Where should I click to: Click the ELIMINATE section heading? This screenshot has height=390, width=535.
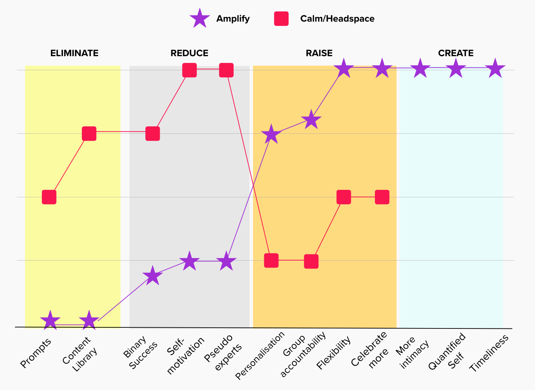(x=74, y=53)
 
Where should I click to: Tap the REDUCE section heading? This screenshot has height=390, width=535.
(x=189, y=53)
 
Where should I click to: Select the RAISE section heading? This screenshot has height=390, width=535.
(x=319, y=53)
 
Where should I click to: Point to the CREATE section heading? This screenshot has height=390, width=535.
(x=456, y=53)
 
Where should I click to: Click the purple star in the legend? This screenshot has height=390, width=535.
(x=200, y=19)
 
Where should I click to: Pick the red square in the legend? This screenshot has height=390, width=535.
(x=281, y=19)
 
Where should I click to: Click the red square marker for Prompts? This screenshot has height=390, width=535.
(x=49, y=197)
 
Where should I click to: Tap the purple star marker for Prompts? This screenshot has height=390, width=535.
(x=50, y=320)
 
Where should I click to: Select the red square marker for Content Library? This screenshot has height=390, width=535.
(x=89, y=134)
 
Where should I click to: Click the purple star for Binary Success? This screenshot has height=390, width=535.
(x=152, y=276)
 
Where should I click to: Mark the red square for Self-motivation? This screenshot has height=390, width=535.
(x=189, y=70)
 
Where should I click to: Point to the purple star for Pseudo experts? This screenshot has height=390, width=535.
(x=226, y=261)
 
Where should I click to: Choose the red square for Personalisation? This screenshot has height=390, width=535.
(x=271, y=260)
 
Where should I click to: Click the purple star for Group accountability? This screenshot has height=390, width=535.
(x=311, y=120)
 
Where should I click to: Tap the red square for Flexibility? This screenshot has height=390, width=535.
(x=344, y=197)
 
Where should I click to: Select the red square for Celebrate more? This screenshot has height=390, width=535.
(x=382, y=197)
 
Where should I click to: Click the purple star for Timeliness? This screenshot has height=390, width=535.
(x=495, y=68)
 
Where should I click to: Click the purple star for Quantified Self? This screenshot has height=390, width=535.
(x=456, y=68)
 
